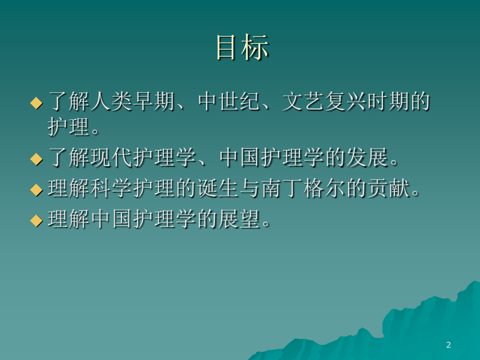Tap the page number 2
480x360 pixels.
click(x=449, y=345)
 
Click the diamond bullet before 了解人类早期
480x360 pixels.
click(x=36, y=102)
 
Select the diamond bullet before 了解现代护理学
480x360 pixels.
click(x=36, y=159)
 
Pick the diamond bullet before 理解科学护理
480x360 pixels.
click(x=36, y=190)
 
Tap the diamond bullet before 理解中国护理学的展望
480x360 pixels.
click(x=36, y=221)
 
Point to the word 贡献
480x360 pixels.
click(x=387, y=189)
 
